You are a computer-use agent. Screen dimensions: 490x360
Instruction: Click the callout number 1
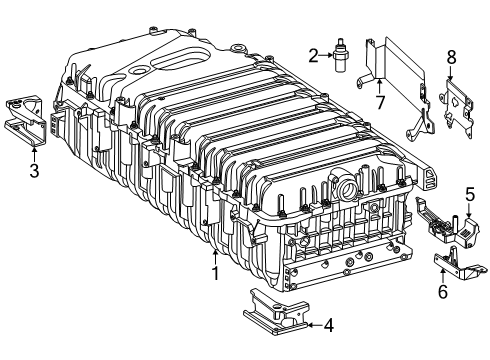[216, 273]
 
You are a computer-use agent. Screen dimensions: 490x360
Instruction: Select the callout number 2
[313, 56]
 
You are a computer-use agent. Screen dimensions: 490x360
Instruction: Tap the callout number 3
[34, 171]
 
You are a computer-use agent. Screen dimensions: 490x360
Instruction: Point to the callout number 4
[329, 325]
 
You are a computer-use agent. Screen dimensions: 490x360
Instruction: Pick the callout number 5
[470, 194]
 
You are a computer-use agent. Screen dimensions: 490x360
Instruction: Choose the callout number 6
[443, 291]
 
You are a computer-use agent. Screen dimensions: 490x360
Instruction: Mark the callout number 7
[380, 102]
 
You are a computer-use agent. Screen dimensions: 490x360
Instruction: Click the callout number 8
[451, 57]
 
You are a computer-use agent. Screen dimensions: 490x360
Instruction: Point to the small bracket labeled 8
[457, 107]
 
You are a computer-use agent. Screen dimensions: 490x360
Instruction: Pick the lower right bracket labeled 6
[458, 265]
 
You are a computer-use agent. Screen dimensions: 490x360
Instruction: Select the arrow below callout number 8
[450, 73]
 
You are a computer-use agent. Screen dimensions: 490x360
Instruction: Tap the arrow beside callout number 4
[314, 325]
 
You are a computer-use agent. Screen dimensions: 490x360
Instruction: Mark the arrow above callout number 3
[34, 154]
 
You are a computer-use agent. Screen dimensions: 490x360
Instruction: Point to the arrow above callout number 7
[379, 85]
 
